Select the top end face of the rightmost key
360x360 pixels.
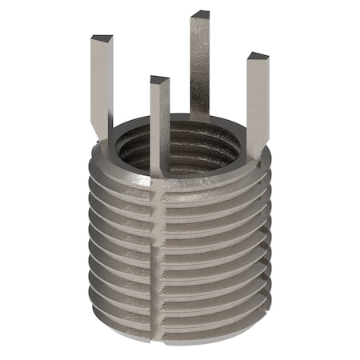click(x=258, y=57)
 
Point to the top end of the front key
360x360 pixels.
click(x=160, y=80)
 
